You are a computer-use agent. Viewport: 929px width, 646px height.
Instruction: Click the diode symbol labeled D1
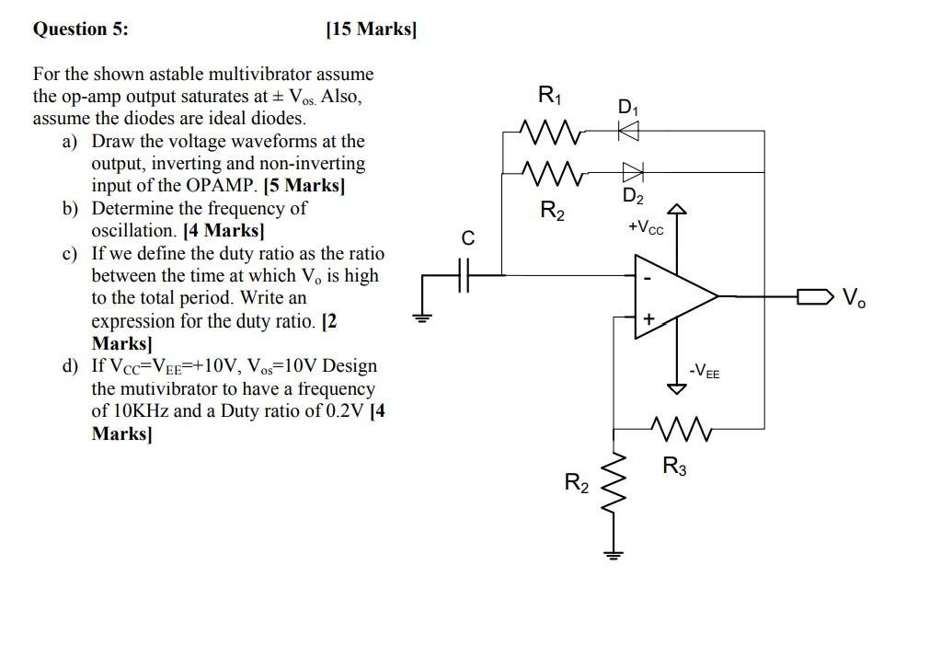628,131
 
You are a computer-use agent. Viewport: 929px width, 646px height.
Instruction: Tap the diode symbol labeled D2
632,173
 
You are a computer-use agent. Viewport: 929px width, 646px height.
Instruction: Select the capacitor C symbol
464,275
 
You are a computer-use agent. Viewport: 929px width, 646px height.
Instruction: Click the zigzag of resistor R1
550,132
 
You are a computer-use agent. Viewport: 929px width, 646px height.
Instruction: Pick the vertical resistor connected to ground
614,485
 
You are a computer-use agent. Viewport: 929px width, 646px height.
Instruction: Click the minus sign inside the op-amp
648,278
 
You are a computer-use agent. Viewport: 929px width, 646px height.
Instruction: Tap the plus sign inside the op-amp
648,318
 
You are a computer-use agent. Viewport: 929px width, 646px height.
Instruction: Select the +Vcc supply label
646,227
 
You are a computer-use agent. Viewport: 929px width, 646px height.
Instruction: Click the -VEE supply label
705,372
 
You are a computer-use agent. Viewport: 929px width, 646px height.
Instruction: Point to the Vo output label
854,297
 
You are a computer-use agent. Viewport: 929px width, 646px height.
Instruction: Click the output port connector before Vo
815,295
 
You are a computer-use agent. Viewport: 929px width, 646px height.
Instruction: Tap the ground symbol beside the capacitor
422,318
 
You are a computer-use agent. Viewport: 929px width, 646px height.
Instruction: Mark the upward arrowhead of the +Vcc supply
677,208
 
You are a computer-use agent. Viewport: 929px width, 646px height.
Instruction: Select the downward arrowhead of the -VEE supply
677,388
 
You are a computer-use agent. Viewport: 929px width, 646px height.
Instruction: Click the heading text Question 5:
81,29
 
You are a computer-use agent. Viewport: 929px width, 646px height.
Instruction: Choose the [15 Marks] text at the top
372,29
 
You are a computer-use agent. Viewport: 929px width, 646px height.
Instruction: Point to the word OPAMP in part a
223,186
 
